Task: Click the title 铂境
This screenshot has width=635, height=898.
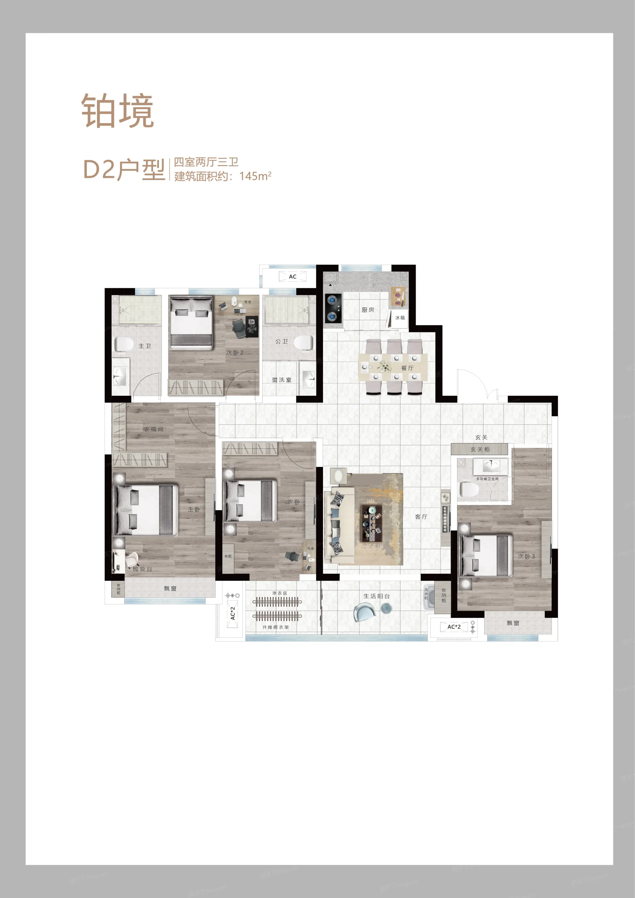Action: (x=117, y=111)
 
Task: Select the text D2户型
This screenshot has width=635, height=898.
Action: (x=124, y=170)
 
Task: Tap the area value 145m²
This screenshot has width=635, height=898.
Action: (x=255, y=176)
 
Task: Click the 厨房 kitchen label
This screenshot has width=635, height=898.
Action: (x=368, y=310)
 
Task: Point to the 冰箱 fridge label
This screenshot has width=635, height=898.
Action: (x=399, y=317)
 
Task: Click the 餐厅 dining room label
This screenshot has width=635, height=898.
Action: (x=407, y=368)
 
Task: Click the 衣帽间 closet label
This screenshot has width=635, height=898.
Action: (x=153, y=429)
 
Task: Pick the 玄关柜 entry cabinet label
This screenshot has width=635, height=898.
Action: (x=480, y=449)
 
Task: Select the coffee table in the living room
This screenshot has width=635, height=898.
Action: (x=372, y=523)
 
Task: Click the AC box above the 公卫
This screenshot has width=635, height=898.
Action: (x=293, y=277)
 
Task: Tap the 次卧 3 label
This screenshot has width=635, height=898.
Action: (x=526, y=556)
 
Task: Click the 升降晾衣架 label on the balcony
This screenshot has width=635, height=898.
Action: (x=275, y=627)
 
